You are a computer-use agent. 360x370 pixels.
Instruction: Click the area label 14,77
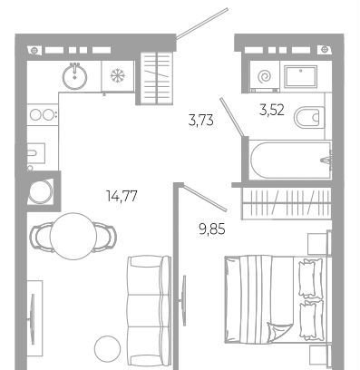[122, 196]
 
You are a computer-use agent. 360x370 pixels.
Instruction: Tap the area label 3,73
[201, 121]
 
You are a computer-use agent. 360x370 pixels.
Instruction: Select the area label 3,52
[272, 110]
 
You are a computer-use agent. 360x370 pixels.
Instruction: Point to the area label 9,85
[212, 229]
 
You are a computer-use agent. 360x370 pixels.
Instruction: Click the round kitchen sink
[74, 76]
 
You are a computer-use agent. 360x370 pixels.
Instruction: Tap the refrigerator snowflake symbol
[118, 75]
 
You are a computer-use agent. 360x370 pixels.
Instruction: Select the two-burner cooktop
[43, 114]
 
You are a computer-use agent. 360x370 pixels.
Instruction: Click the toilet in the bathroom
[307, 117]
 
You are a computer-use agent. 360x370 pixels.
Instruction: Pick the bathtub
[290, 161]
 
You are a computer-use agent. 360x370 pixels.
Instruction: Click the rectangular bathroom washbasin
[301, 76]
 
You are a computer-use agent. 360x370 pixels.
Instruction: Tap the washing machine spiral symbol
[265, 77]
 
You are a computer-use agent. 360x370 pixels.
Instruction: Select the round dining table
[73, 236]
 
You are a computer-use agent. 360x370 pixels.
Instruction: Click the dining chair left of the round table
[41, 238]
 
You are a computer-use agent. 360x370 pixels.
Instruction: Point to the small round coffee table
[107, 349]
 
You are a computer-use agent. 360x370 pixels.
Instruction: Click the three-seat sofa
[149, 312]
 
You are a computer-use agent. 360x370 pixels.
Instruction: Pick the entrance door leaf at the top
[201, 24]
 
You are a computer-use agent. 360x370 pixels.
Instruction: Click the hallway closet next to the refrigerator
[157, 78]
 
